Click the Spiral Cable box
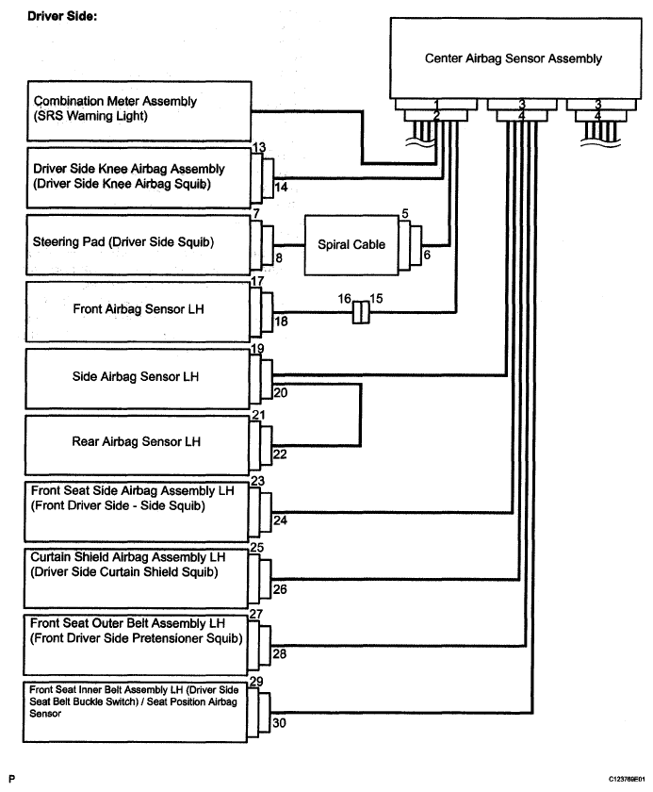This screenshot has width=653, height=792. pos(351,245)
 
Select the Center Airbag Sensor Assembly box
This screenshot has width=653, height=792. pos(515,58)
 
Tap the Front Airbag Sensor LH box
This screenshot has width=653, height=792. pos(138,312)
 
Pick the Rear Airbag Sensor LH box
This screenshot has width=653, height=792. pos(138,445)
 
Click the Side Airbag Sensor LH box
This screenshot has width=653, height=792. pos(138,378)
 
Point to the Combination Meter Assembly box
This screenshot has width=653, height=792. pos(139,111)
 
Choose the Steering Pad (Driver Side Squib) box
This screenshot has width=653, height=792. pos(138,245)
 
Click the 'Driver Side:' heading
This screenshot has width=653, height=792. pos(62,16)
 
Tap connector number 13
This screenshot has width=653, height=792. pos(259,147)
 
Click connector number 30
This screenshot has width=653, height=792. pos(279,723)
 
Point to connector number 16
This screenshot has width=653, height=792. pos(345,299)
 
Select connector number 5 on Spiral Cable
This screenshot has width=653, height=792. pos(405,214)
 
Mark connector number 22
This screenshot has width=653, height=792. pos(280,454)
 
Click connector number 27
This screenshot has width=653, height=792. pos(256,614)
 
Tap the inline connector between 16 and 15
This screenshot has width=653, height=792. pos(361,313)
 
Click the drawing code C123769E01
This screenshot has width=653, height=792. pos(627,780)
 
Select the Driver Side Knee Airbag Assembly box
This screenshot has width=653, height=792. pos(139,178)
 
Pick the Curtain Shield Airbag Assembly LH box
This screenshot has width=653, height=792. pos(137,578)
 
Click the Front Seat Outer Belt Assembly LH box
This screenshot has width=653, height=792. pos(136,645)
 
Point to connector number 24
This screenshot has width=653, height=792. pos(280,520)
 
